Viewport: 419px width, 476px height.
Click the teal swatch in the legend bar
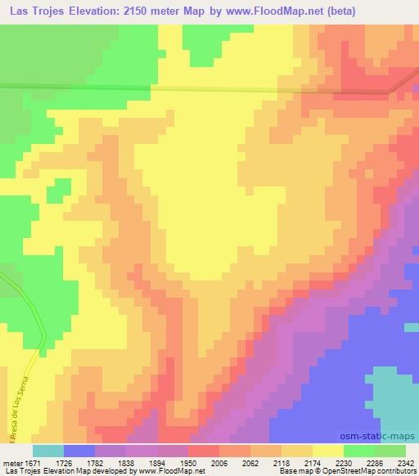point(48,451)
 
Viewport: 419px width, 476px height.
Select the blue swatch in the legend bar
point(79,451)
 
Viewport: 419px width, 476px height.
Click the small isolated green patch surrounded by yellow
point(57,190)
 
